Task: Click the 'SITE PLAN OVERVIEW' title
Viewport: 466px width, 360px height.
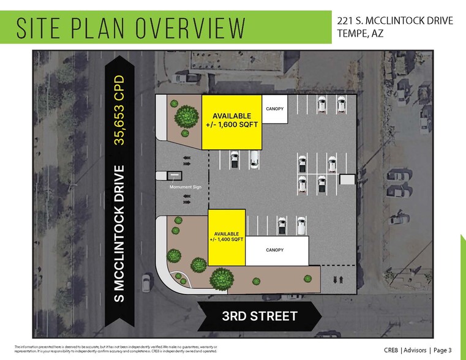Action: click(131, 28)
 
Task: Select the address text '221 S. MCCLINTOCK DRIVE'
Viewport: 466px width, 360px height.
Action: click(395, 21)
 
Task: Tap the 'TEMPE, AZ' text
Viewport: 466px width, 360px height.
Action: click(360, 34)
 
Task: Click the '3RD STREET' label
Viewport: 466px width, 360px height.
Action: click(260, 316)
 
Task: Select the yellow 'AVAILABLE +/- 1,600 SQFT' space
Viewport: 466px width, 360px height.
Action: click(231, 122)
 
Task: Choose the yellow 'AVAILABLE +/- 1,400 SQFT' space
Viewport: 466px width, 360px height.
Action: click(227, 237)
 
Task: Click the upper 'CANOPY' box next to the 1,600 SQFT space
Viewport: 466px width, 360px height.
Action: click(274, 109)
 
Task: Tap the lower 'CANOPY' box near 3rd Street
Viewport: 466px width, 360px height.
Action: click(277, 250)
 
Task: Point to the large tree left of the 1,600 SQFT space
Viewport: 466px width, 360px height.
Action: click(186, 115)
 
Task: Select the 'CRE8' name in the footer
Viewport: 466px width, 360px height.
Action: click(391, 350)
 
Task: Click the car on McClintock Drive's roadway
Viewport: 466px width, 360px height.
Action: click(146, 282)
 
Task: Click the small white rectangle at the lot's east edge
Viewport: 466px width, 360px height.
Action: click(347, 179)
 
